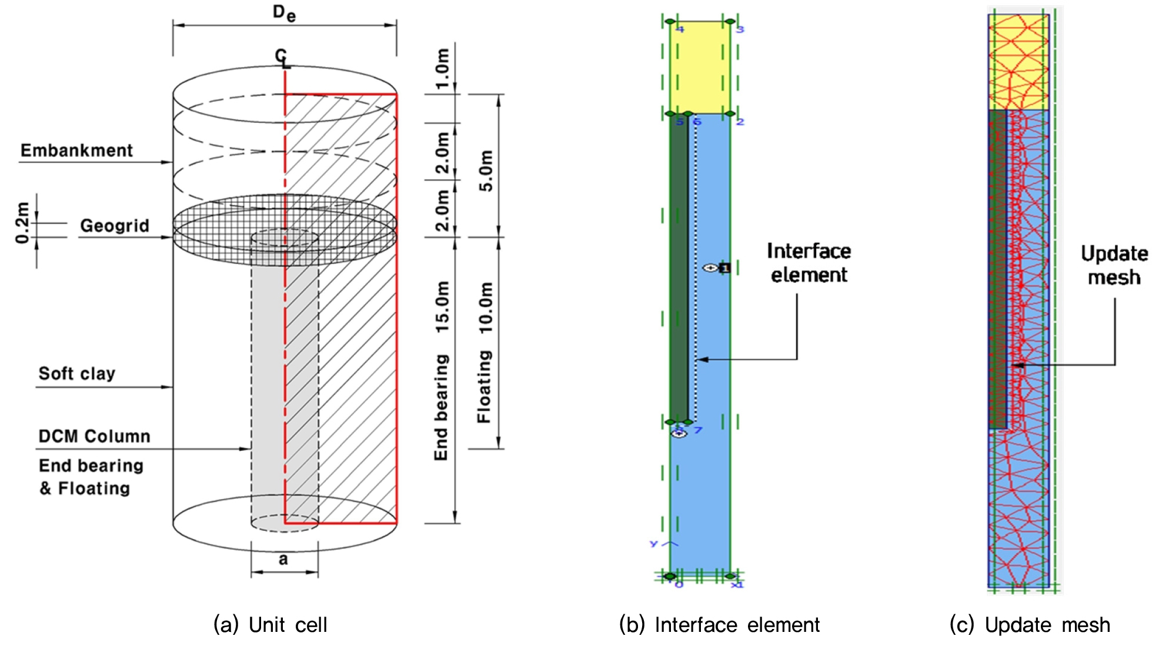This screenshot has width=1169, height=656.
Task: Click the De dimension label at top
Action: coord(284,13)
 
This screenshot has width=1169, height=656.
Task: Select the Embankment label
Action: coord(76,150)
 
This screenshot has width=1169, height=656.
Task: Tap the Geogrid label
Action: coord(115,226)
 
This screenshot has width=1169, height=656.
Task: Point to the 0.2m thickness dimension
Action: coord(22,223)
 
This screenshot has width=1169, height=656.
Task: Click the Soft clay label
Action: coord(76,374)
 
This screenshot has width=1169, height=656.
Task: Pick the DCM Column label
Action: coord(94,436)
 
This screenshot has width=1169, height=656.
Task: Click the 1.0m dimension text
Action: coord(442,68)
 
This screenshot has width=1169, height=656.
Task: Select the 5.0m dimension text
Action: coord(486,170)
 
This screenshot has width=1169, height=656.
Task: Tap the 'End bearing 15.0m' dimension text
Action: coord(442,370)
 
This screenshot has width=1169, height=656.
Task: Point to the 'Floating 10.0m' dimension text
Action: coord(485,353)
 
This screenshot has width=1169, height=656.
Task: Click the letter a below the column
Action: coord(283,559)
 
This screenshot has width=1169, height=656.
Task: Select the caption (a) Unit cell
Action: coord(270,625)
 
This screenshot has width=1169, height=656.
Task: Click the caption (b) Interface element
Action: coord(719,625)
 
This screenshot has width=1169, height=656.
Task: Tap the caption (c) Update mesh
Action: coord(1030,625)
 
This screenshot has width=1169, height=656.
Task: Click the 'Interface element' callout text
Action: coord(809,263)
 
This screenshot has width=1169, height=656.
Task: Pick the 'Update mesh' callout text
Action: coord(1114,265)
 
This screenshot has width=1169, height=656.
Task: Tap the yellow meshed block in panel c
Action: coord(1018,62)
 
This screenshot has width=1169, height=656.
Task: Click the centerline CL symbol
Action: coord(283,59)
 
